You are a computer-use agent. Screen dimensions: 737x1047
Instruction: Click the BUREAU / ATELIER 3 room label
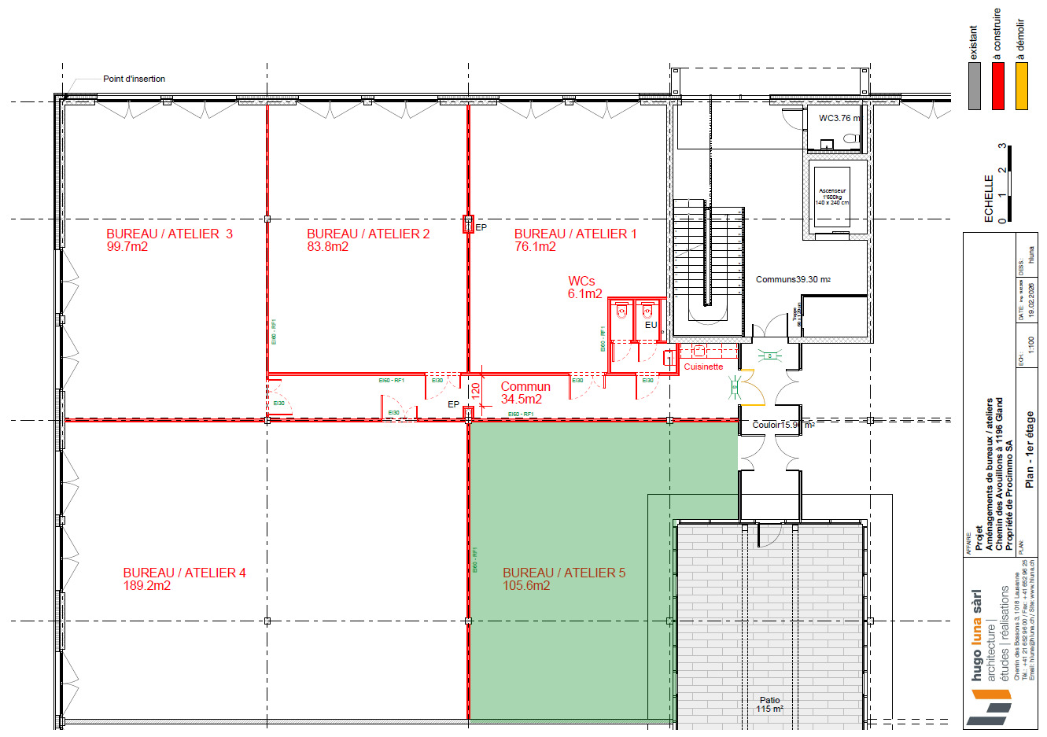tap(169, 234)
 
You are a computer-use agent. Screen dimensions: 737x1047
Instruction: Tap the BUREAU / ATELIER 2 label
tap(368, 234)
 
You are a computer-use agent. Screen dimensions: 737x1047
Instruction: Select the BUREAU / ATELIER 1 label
tap(575, 234)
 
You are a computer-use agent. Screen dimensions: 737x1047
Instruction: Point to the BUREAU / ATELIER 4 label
tap(184, 573)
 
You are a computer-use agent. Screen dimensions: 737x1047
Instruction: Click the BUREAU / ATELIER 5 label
tap(564, 573)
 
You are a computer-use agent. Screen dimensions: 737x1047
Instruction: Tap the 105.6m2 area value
tap(526, 586)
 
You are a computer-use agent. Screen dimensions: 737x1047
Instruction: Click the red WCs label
tap(581, 281)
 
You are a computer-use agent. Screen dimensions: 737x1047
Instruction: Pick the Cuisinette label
tap(702, 367)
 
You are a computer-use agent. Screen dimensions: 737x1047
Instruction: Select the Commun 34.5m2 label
tap(525, 392)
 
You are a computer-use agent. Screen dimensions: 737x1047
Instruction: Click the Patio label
tap(769, 700)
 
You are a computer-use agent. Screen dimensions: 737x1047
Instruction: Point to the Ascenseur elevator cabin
tap(831, 197)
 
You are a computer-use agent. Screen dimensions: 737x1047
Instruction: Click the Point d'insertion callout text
tap(134, 79)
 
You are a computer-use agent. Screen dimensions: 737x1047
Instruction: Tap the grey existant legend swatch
tap(975, 86)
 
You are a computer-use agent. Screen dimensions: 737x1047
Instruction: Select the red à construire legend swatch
tap(998, 86)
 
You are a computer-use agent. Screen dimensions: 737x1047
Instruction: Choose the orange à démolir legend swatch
tap(1022, 86)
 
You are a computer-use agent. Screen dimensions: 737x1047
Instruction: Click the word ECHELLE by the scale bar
tap(989, 198)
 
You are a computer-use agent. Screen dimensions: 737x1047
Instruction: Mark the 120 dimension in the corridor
tap(475, 389)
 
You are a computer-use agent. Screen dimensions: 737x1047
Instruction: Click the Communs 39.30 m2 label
tap(793, 279)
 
